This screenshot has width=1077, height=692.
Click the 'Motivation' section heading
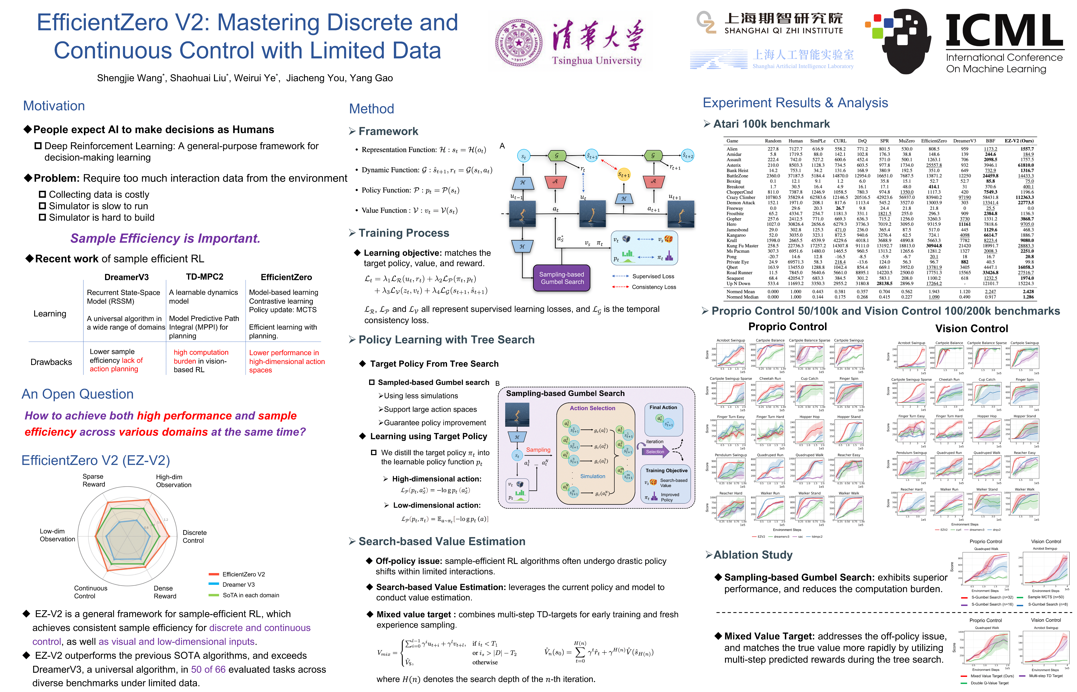(54, 106)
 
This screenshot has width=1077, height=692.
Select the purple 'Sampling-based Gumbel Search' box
(562, 278)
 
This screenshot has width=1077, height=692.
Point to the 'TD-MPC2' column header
(205, 277)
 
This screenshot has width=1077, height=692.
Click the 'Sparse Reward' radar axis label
(94, 480)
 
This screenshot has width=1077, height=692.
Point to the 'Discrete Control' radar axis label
(194, 537)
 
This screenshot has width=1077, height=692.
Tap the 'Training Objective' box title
(667, 470)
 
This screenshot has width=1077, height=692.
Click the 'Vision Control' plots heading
(971, 328)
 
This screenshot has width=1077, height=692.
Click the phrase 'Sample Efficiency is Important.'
(165, 238)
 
